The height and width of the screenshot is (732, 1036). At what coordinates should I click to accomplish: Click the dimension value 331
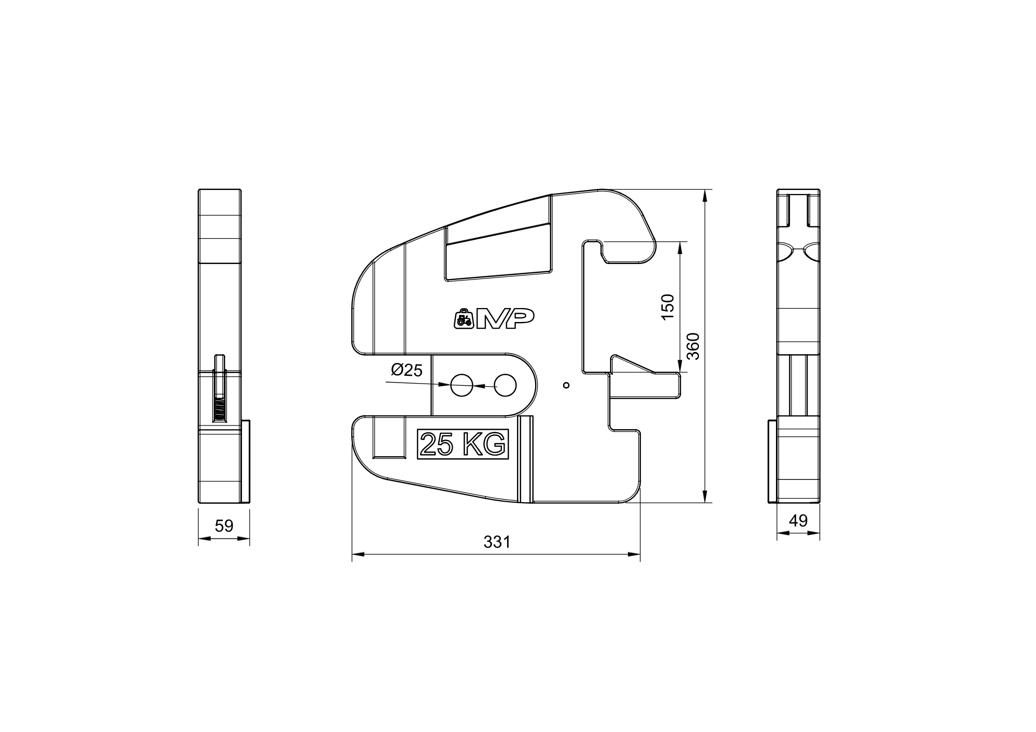[497, 542]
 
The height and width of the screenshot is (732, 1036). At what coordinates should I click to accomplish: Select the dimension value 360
[693, 346]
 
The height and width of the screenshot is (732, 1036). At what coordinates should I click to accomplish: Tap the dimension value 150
[668, 306]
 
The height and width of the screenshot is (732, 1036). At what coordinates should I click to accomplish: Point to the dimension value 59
[224, 526]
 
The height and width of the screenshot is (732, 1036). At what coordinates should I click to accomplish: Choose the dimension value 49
[798, 521]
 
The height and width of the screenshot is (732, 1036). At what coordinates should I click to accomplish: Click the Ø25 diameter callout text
[407, 370]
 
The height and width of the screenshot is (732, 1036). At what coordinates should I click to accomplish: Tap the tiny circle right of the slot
[566, 385]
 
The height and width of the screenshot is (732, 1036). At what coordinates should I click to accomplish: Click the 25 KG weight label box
[463, 444]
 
